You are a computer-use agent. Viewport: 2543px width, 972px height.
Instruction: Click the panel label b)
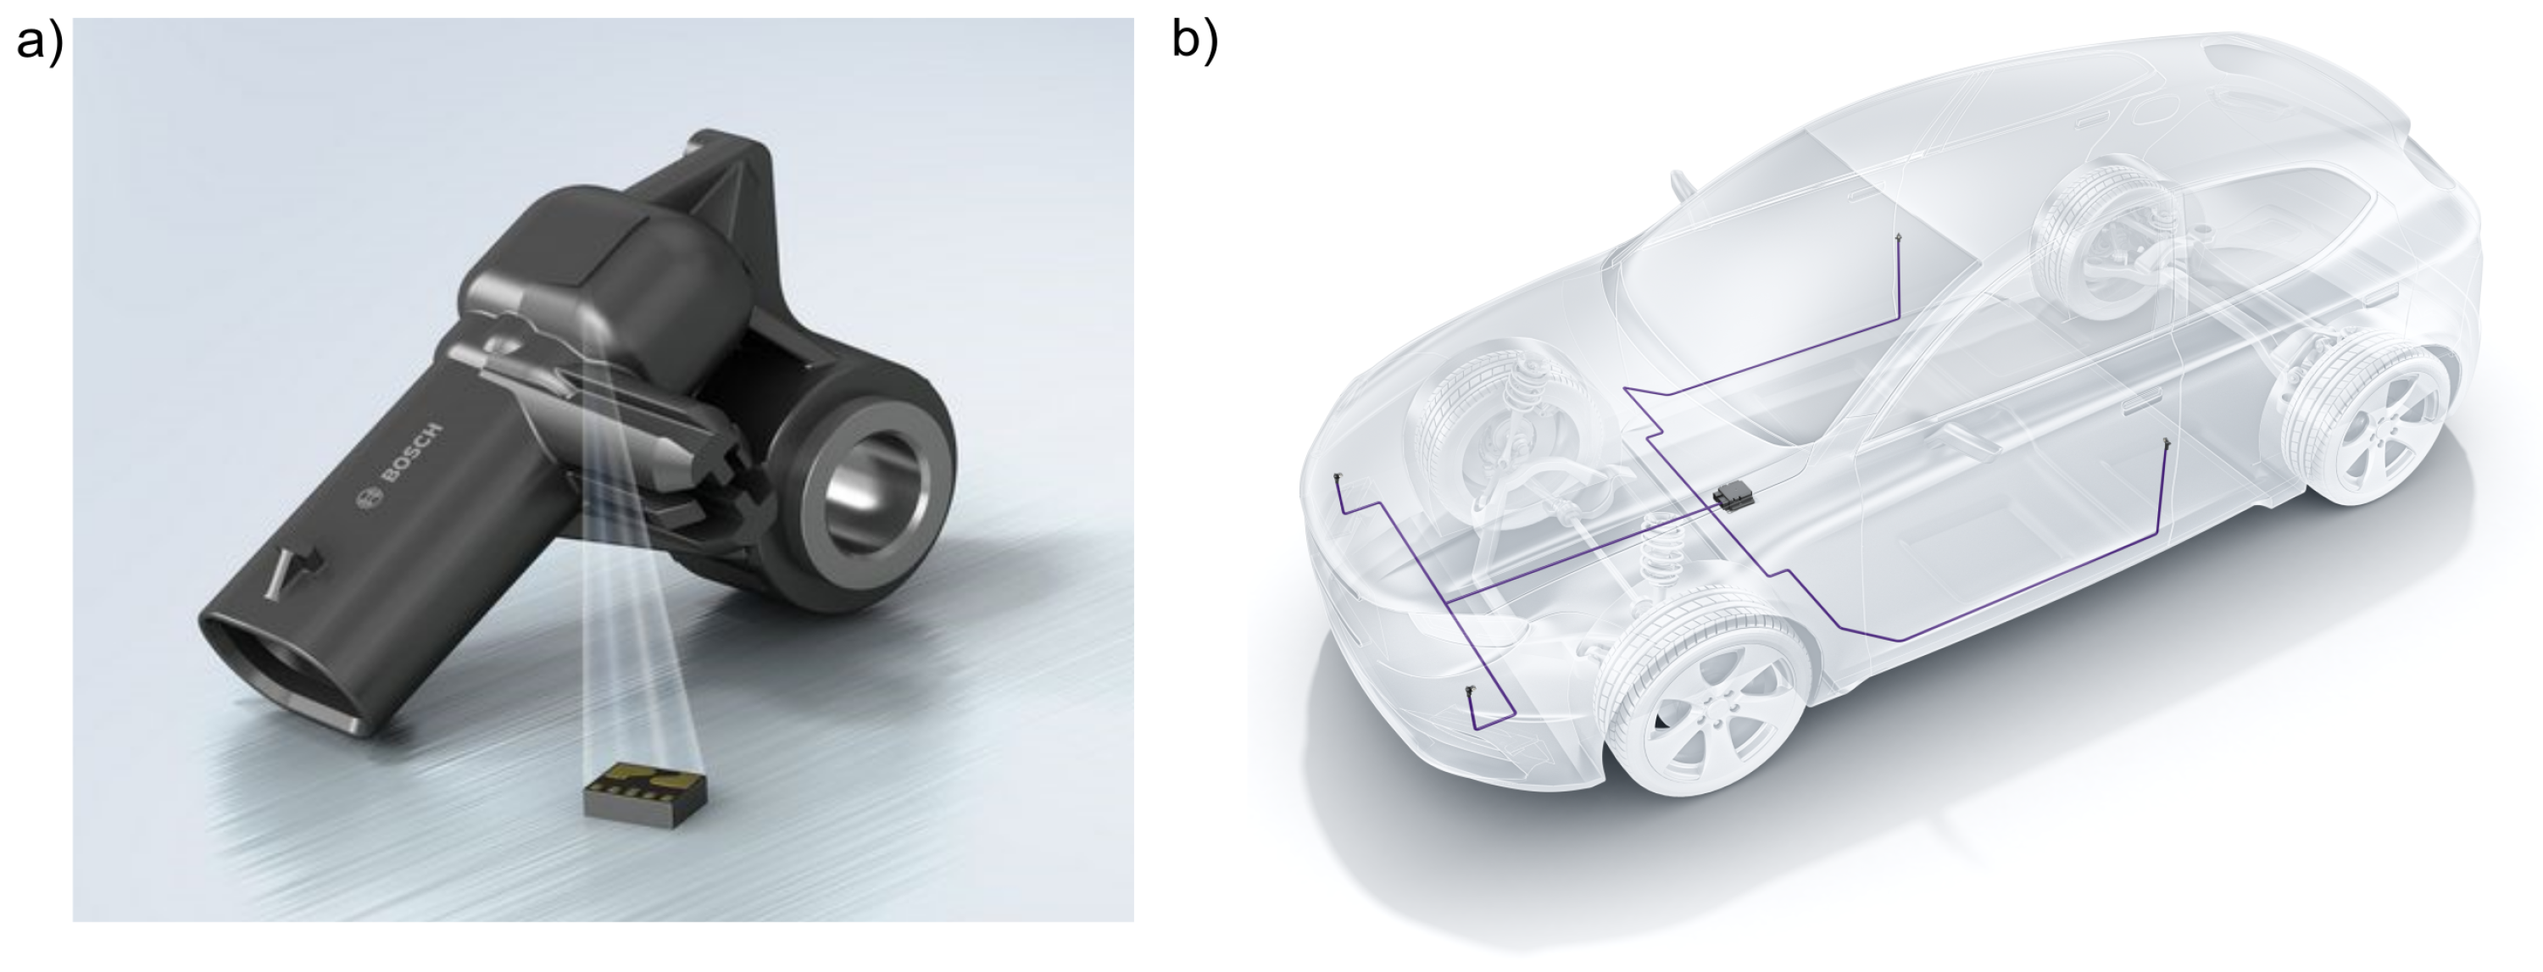point(1195,42)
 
